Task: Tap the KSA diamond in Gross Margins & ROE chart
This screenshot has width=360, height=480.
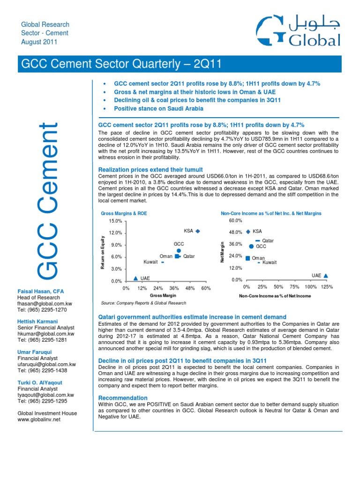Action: pyautogui.click(x=198, y=231)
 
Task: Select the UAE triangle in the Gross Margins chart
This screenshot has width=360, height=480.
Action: pyautogui.click(x=135, y=278)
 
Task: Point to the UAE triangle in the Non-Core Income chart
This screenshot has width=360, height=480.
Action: pyautogui.click(x=326, y=276)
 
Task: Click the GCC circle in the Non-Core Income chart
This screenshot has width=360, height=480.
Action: pyautogui.click(x=251, y=246)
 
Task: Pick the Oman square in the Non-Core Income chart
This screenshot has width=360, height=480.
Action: pyautogui.click(x=247, y=258)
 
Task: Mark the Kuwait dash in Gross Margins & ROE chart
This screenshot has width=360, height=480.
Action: pyautogui.click(x=163, y=262)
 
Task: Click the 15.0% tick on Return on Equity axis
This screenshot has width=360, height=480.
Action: pyautogui.click(x=115, y=221)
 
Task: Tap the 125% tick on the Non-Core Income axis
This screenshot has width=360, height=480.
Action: pyautogui.click(x=327, y=286)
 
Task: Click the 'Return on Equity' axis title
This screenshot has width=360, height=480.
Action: pyautogui.click(x=102, y=254)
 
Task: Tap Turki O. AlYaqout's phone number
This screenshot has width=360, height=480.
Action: pyautogui.click(x=42, y=388)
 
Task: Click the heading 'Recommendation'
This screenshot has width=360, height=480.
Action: pyautogui.click(x=122, y=397)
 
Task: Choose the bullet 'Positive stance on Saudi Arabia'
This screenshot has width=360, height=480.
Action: pyautogui.click(x=159, y=108)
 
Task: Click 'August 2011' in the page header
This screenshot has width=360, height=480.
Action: pyautogui.click(x=39, y=42)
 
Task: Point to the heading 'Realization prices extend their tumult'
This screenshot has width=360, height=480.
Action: pyautogui.click(x=150, y=169)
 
